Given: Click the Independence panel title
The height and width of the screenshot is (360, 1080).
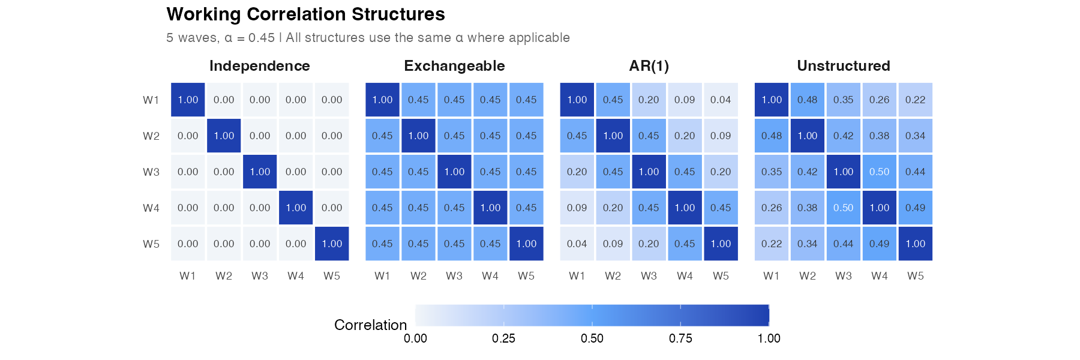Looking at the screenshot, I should click(259, 66).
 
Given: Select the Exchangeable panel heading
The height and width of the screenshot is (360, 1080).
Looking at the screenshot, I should click(454, 66).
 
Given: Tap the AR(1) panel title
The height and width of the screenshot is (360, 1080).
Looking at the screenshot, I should click(649, 66).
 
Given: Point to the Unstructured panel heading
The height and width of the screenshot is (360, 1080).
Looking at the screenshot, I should click(843, 66).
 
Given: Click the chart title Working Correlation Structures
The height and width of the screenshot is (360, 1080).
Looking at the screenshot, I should click(305, 14).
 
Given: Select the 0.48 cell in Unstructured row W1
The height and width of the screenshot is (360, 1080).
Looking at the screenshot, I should click(807, 100).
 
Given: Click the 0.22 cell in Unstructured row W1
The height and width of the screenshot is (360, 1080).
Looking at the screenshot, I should click(915, 100).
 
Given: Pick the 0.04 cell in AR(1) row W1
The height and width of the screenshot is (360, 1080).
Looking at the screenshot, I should click(721, 100).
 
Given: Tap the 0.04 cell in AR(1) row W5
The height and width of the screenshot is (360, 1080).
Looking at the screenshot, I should click(577, 244).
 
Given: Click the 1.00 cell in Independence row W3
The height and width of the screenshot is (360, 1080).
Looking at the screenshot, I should click(260, 172).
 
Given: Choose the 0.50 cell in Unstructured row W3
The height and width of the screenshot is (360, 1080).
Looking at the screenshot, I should click(879, 172).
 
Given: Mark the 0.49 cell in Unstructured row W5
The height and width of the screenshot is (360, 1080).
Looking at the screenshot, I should click(879, 244).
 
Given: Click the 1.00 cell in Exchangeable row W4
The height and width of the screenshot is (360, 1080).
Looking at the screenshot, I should click(490, 208).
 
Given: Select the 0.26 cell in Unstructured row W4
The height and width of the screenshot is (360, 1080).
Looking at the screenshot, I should click(771, 208).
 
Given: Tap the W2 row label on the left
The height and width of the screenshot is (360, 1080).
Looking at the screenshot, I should click(151, 136).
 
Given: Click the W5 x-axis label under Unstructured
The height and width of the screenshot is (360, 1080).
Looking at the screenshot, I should click(915, 276).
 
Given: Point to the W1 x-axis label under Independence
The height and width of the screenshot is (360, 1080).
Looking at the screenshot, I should click(188, 276).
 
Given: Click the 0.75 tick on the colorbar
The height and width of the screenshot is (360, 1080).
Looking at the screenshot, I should click(680, 338).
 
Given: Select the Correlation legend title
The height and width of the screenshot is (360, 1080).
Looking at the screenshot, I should click(370, 325).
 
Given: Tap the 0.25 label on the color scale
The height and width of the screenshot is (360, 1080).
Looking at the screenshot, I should click(503, 338).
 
